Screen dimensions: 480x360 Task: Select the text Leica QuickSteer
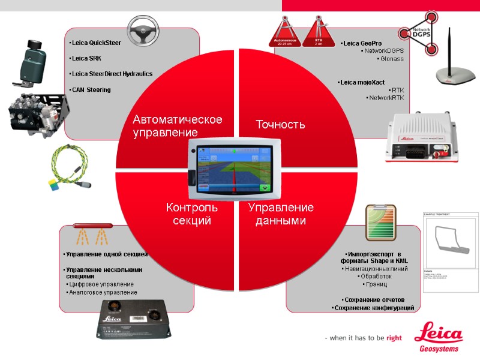click(x=96, y=43)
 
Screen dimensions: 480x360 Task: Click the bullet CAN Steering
click(x=91, y=90)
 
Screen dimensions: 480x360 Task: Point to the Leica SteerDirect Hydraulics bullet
click(x=112, y=74)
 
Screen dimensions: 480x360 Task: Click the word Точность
click(x=280, y=125)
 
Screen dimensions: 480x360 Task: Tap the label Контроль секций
click(x=192, y=214)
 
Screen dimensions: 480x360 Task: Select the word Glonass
click(x=391, y=59)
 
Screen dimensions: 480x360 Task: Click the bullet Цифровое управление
click(x=102, y=284)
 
